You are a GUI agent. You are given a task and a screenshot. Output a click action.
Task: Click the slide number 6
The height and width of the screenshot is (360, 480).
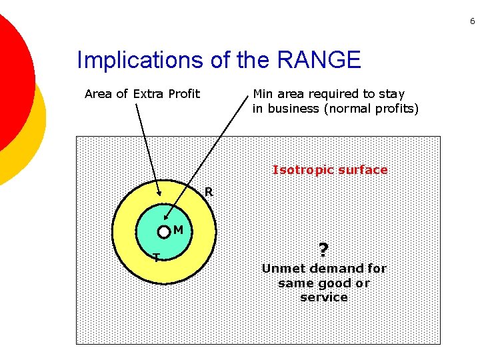[472, 22]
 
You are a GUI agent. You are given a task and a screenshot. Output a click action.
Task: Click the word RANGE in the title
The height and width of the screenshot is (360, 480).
[318, 61]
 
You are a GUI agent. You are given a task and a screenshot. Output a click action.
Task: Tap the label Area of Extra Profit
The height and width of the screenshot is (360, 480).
[142, 94]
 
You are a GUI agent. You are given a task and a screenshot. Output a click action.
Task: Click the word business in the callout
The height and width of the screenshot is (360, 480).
[292, 109]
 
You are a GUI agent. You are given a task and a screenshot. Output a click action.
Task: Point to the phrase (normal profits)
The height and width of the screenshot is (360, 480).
[371, 109]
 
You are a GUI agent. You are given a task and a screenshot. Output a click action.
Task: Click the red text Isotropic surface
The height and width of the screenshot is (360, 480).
[329, 170]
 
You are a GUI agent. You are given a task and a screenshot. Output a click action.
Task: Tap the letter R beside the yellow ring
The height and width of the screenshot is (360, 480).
[209, 192]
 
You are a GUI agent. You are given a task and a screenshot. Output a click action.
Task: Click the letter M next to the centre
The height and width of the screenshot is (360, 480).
[178, 231]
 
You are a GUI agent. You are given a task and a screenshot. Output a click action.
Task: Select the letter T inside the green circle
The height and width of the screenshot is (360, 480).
[156, 257]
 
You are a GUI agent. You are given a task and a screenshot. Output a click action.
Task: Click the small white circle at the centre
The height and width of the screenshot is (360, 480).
[164, 232]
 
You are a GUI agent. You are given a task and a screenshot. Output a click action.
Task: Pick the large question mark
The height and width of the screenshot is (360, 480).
[323, 250]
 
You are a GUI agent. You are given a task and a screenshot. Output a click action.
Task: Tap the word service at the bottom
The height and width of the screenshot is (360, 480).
[324, 297]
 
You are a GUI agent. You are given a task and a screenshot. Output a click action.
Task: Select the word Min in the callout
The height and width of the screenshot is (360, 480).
[263, 94]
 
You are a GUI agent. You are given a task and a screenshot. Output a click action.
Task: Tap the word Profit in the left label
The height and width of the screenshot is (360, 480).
[183, 94]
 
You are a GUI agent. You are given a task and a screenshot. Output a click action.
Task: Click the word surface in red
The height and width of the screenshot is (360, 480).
[363, 170]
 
